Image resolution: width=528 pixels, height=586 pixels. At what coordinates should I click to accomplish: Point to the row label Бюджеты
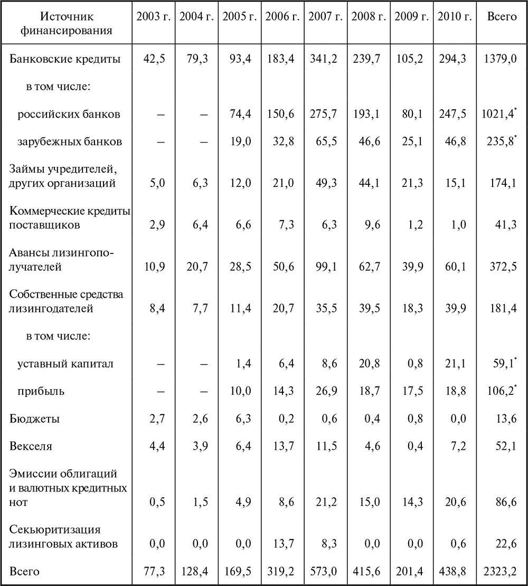point(34,419)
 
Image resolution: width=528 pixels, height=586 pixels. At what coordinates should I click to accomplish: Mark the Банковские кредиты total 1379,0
point(499,59)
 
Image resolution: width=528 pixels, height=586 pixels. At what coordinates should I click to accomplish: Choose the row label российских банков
point(69,114)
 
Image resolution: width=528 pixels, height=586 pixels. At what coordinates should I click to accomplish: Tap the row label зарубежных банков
point(70,141)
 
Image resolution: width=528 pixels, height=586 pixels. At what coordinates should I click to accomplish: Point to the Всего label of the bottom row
point(24,572)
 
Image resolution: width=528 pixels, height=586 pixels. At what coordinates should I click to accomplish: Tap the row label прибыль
point(41,391)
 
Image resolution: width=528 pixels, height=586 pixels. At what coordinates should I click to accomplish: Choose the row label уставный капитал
point(65,364)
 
